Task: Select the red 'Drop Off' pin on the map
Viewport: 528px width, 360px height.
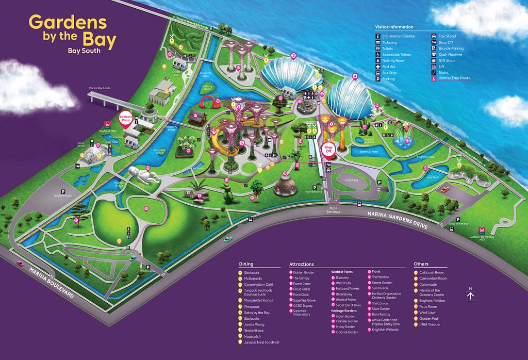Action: tap(328, 148)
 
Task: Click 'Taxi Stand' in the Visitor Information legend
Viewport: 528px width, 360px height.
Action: tap(447, 36)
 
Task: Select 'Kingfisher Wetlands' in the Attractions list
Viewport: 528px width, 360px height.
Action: tap(386, 329)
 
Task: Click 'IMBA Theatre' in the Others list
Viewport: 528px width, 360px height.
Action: tap(428, 324)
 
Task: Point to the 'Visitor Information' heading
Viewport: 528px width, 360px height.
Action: tap(394, 27)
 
